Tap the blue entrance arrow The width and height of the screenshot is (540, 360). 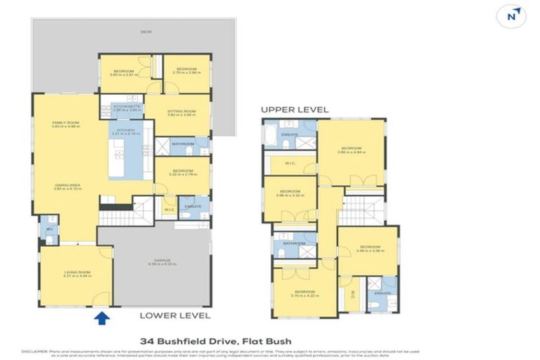[103, 319]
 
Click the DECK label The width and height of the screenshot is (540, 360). [146, 32]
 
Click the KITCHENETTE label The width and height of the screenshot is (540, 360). [127, 107]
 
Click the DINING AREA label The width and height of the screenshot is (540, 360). [67, 186]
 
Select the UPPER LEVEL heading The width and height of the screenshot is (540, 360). [295, 110]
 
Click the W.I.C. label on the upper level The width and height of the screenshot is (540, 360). [289, 165]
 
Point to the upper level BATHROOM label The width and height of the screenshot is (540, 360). [294, 243]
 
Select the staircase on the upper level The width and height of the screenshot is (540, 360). [363, 208]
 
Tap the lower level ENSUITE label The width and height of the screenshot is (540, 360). [193, 206]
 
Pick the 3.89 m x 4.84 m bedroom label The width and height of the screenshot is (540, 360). [352, 150]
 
